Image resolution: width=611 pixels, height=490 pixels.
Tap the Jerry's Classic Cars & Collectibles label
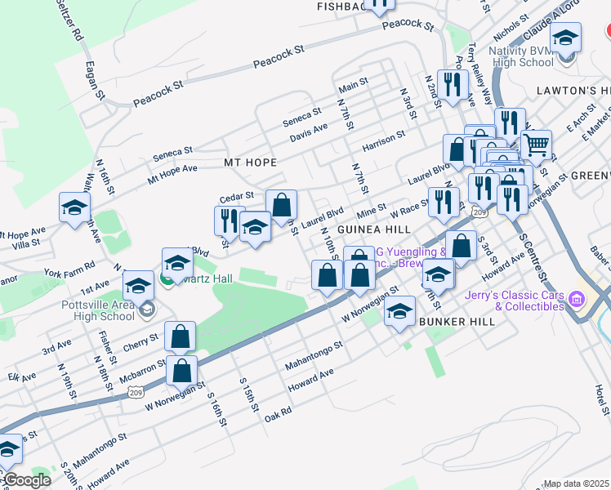(x=515, y=301)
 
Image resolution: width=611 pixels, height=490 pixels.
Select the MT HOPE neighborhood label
(x=251, y=163)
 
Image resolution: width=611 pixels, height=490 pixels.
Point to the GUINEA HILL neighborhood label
(x=373, y=229)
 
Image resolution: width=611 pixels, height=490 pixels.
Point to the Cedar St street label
(x=237, y=198)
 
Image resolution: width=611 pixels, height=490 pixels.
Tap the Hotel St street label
(x=602, y=401)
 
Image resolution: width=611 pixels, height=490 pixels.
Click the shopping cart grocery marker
(x=536, y=145)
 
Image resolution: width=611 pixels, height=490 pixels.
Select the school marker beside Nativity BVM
(x=565, y=38)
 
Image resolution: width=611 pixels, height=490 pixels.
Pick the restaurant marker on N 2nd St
(x=452, y=84)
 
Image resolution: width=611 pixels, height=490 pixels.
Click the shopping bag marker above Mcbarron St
(x=180, y=336)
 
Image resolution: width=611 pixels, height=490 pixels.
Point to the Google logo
(x=26, y=481)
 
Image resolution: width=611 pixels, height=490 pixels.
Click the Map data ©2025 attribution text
(x=575, y=483)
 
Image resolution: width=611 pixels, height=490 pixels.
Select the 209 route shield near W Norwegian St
(x=136, y=393)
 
